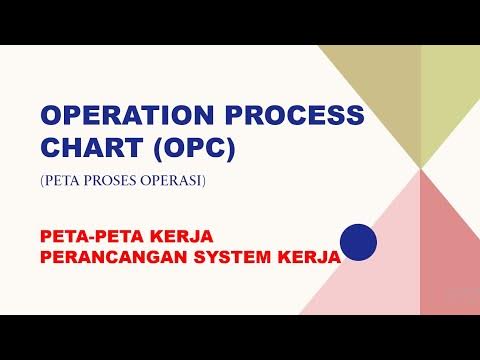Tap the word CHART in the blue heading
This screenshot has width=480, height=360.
[81, 148]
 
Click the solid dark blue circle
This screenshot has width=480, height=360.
[357, 242]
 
